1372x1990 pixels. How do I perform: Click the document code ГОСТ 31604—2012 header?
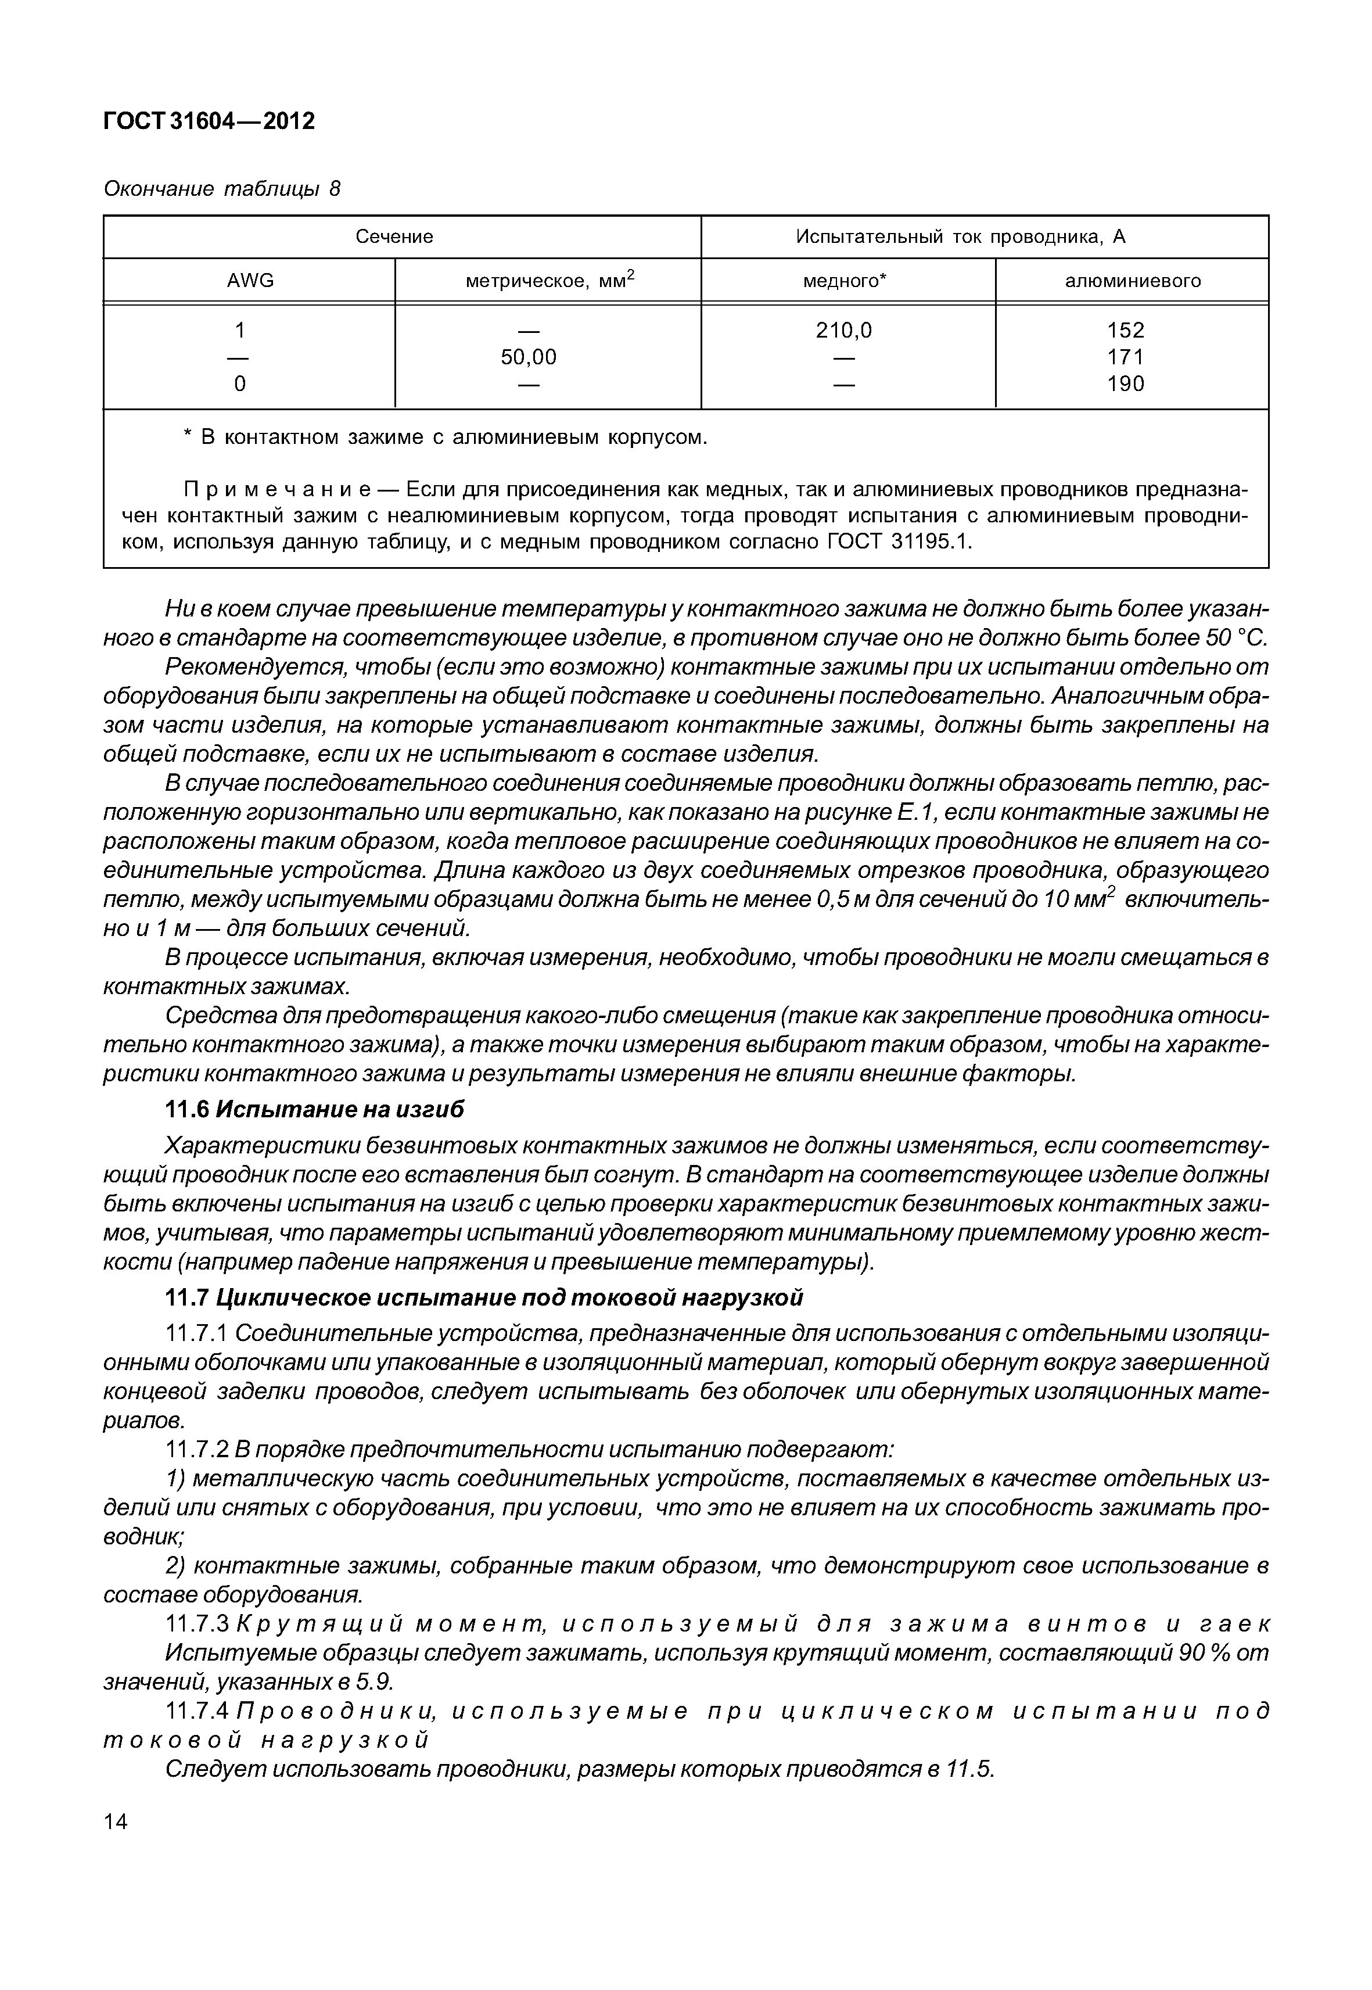click(209, 121)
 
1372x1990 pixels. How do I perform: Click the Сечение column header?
click(394, 236)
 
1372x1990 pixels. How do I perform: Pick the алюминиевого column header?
click(1132, 281)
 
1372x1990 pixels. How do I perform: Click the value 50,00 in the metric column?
click(529, 357)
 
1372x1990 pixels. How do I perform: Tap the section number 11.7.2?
click(195, 1450)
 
